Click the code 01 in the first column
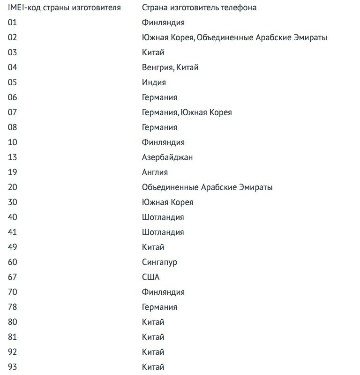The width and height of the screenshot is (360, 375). [x=12, y=22]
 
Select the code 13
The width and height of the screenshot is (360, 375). [x=12, y=157]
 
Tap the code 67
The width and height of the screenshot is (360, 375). [x=12, y=277]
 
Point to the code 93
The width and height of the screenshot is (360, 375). [x=12, y=367]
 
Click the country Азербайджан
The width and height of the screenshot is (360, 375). [x=167, y=157]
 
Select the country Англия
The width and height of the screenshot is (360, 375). [x=155, y=172]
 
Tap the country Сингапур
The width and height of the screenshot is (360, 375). [x=159, y=262]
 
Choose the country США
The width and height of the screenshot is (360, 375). [x=150, y=277]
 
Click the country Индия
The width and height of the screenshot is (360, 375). [x=154, y=82]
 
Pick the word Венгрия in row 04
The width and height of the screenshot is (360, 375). [x=157, y=67]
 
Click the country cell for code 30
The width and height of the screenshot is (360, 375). [x=167, y=202]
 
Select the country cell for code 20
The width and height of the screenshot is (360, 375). [x=207, y=187]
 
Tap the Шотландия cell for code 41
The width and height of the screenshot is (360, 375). [x=163, y=232]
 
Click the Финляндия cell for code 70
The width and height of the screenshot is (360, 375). [x=163, y=292]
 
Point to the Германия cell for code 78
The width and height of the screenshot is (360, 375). [x=159, y=307]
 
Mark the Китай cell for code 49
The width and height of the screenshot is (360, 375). [x=153, y=247]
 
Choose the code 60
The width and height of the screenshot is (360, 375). [x=12, y=262]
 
